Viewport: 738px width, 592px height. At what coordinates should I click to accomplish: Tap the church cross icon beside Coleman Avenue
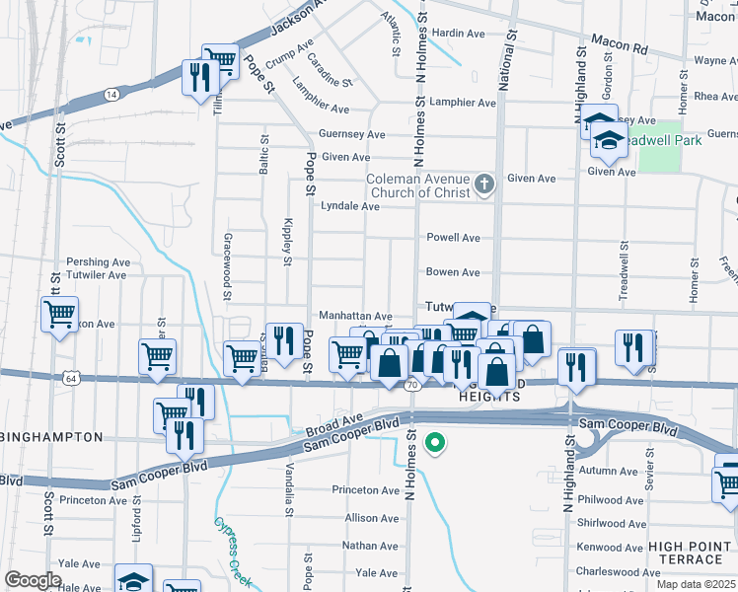483,184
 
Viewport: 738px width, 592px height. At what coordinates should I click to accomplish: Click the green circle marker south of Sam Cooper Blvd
432,445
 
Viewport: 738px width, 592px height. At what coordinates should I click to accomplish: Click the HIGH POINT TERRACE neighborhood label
692,554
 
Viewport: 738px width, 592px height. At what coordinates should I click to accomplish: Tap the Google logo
33,580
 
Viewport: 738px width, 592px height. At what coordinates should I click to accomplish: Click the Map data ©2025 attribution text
697,584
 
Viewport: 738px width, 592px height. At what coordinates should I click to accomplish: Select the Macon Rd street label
619,45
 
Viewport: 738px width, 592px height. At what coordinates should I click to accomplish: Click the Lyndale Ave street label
350,207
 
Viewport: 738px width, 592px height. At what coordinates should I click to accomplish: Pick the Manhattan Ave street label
355,315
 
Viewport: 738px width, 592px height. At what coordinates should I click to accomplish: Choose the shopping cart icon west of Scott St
59,316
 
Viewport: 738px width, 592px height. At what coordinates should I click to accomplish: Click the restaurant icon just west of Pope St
284,340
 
